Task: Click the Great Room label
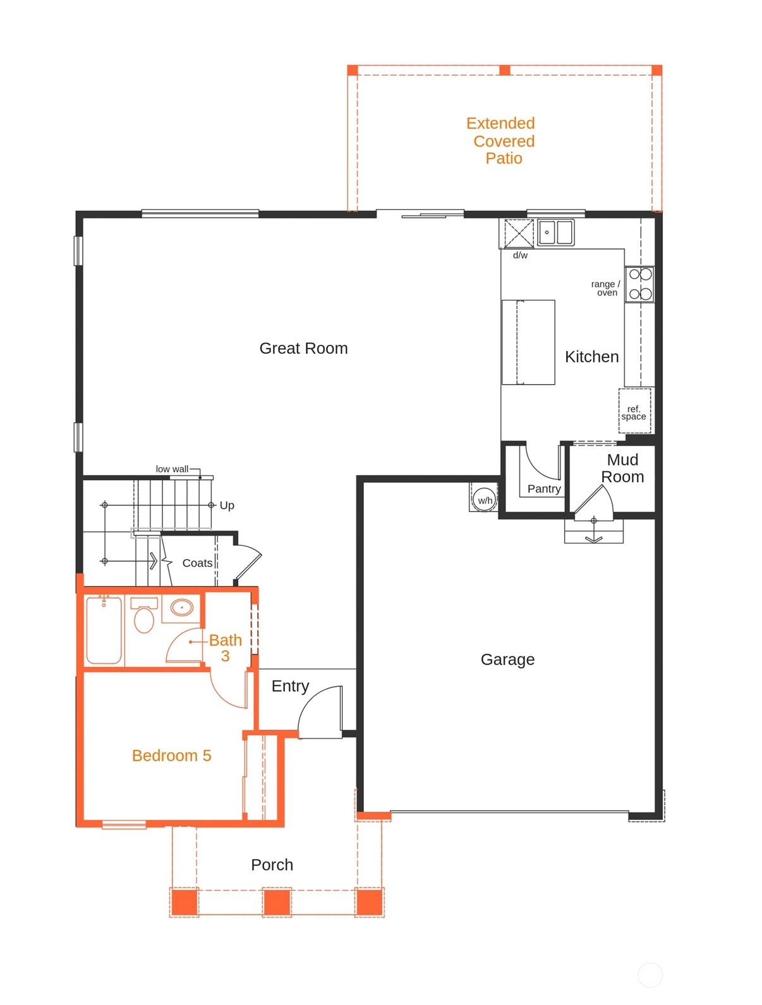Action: (303, 348)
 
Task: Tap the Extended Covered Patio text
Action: (501, 140)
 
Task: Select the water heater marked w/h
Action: (485, 498)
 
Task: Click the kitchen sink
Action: (555, 232)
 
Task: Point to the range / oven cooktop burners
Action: (640, 284)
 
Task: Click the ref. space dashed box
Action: (634, 412)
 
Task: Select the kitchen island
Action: (528, 342)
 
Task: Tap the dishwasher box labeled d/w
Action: (518, 234)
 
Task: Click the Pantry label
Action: (543, 488)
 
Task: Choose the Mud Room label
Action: (622, 468)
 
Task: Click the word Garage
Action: (507, 659)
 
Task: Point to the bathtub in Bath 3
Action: (104, 630)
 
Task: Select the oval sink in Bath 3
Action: (182, 608)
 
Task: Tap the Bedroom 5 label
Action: (171, 755)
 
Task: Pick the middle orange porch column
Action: (277, 901)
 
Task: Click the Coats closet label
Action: (197, 563)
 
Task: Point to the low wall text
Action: (172, 469)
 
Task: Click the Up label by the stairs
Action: (227, 505)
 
